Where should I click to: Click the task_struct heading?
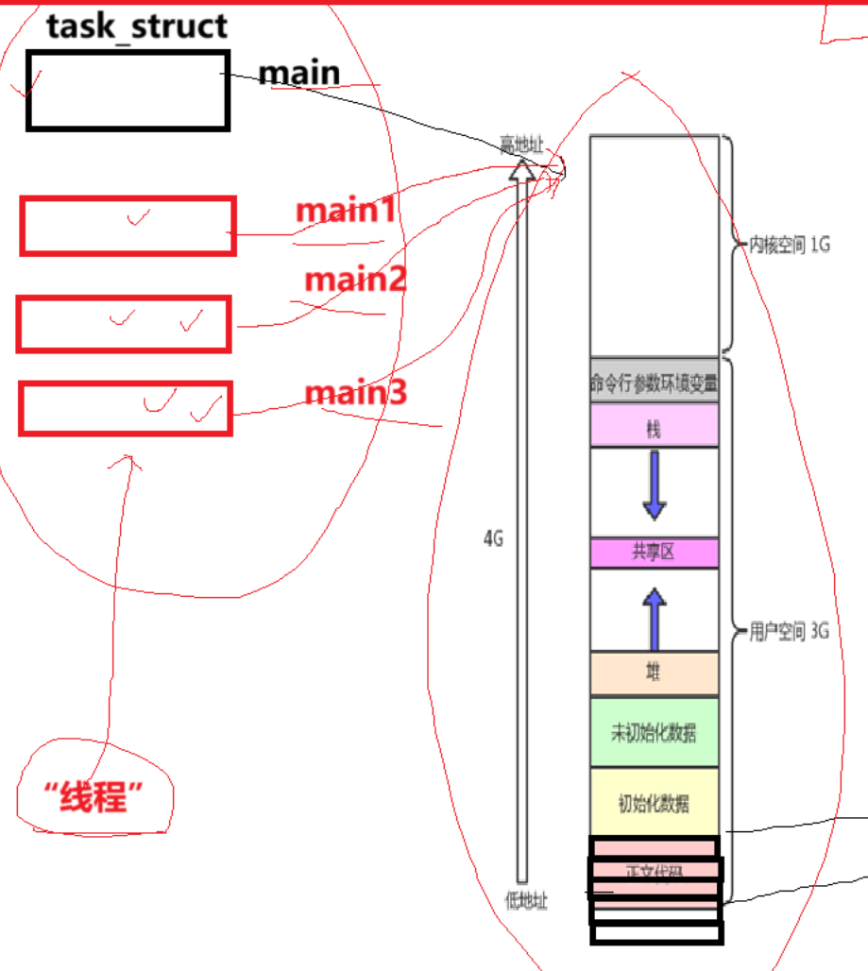click(137, 26)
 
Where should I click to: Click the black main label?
click(298, 73)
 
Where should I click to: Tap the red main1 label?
click(345, 210)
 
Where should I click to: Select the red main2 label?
click(354, 279)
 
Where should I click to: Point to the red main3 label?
click(355, 391)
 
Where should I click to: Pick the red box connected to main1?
click(128, 226)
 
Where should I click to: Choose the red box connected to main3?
click(125, 408)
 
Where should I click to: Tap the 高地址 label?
click(522, 144)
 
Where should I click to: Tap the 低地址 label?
click(526, 900)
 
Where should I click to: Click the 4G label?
click(493, 538)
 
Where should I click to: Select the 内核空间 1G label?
click(789, 246)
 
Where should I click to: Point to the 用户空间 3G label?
click(789, 632)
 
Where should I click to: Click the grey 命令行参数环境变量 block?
click(654, 383)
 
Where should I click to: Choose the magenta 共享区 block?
click(654, 553)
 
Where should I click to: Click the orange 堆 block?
click(654, 673)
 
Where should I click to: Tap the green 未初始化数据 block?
click(654, 732)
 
